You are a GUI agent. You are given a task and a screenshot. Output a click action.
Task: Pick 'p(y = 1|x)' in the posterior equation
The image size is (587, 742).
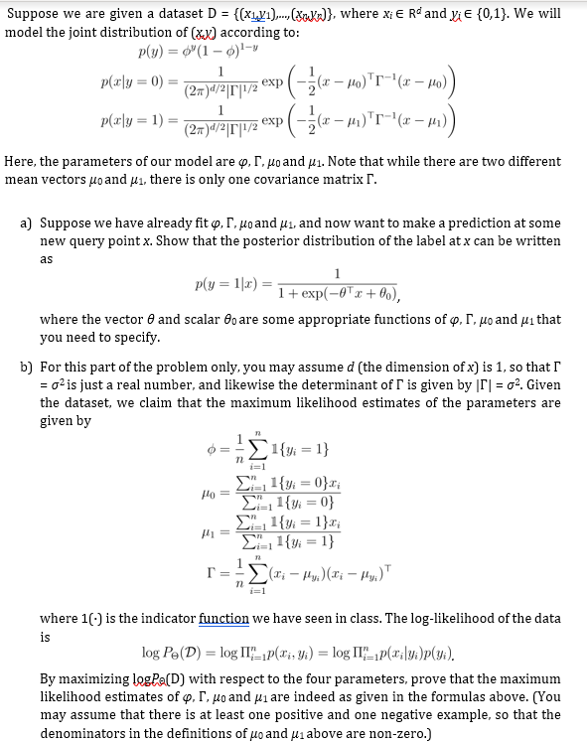point(225,283)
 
